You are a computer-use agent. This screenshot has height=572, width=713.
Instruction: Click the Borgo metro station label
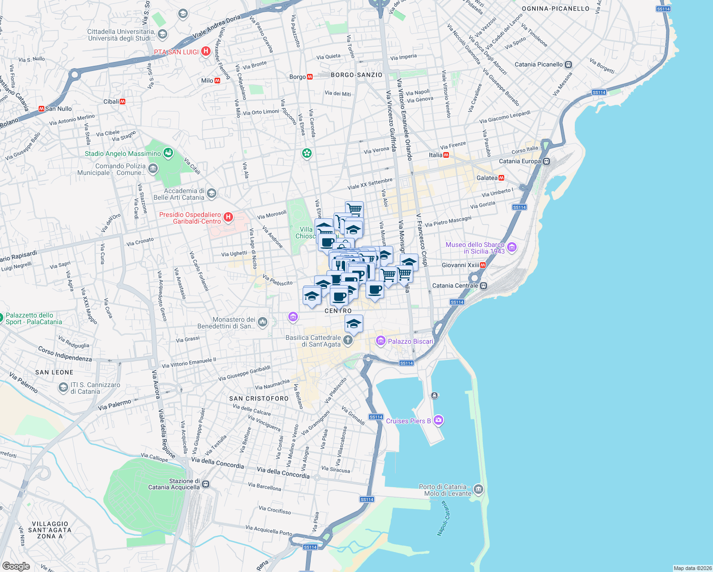298,77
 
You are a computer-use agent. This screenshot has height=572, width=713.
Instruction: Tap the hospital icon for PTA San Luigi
206,51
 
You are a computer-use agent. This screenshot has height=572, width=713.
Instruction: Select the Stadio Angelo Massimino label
123,153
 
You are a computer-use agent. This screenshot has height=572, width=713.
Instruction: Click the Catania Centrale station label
455,286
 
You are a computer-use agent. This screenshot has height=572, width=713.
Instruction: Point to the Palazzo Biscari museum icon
380,341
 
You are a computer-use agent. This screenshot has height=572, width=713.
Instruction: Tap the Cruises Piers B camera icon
439,420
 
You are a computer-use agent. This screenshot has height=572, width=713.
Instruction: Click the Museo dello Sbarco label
475,248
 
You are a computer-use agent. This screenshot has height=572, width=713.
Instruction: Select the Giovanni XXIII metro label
460,265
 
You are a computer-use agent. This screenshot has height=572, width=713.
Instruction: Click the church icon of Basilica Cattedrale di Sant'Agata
348,340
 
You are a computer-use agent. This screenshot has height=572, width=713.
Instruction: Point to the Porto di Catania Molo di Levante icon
479,490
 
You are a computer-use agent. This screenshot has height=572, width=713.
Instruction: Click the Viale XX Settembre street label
370,184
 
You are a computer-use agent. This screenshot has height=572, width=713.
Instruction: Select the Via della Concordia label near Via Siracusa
283,473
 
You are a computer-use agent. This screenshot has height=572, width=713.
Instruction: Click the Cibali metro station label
111,102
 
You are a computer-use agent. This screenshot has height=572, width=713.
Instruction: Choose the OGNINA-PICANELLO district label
555,9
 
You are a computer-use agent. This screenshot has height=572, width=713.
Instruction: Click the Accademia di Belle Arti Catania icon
212,194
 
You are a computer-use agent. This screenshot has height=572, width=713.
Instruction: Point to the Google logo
16,566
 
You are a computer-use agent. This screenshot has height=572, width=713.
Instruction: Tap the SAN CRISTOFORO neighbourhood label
259,398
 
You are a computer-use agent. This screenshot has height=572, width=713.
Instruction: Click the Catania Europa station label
520,161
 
